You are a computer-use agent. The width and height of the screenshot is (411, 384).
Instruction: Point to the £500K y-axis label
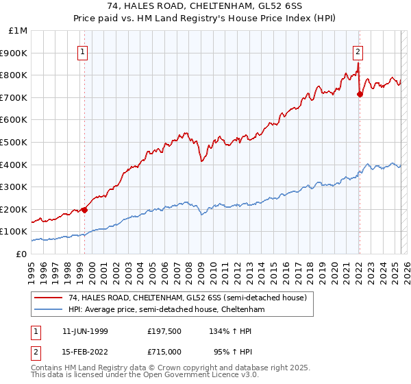[14, 142]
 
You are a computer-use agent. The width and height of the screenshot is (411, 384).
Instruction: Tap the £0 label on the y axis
[22, 254]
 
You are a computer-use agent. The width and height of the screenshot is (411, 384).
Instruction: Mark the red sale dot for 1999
[84, 210]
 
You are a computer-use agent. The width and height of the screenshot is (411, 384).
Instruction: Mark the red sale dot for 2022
[360, 94]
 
